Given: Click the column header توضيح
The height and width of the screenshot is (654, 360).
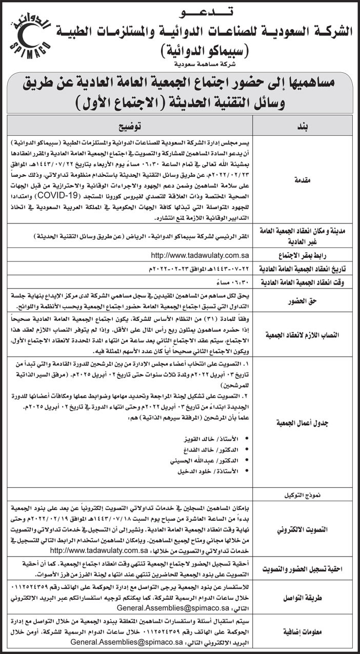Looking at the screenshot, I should click(131, 126).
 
